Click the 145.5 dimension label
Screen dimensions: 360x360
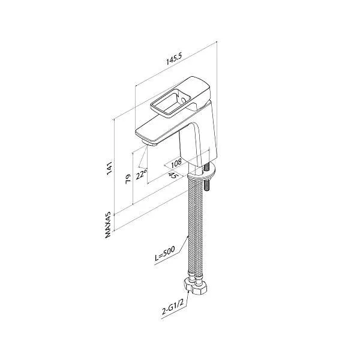(174, 59)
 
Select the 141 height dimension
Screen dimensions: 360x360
(110, 168)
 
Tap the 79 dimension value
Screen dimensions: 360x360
(128, 178)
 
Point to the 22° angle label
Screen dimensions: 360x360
(141, 175)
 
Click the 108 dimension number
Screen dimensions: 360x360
(176, 163)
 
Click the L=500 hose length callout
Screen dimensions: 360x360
(164, 253)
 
